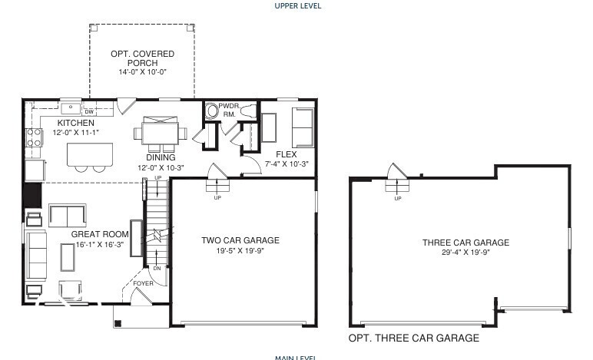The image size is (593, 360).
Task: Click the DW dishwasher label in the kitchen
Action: point(88,111)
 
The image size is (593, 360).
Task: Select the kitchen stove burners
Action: point(35,137)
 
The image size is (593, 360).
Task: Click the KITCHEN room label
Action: point(75,123)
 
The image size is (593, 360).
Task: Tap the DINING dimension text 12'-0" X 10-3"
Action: point(161,167)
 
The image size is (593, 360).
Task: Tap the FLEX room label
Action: point(286,154)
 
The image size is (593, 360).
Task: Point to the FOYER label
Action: point(143,283)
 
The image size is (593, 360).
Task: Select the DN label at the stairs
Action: point(156,268)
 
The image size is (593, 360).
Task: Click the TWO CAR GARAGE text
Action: point(240,240)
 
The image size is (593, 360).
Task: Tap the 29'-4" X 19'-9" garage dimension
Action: point(465,252)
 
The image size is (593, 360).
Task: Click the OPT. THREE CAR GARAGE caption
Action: point(413,338)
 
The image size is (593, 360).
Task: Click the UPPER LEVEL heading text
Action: point(298,6)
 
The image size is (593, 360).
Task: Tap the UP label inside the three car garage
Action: point(397,199)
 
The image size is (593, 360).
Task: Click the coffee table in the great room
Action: point(68,261)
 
